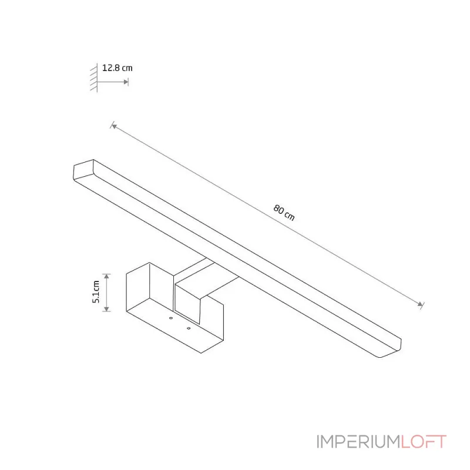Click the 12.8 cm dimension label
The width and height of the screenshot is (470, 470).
tap(117, 68)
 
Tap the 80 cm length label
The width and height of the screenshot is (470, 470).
tap(284, 213)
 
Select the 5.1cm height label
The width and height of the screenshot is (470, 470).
tap(96, 291)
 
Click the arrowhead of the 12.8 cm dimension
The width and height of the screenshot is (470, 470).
tap(126, 82)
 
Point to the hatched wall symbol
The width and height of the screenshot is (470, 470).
tap(94, 78)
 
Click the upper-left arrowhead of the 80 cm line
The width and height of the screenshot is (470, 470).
tap(114, 126)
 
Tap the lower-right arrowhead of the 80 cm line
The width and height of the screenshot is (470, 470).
tap(421, 304)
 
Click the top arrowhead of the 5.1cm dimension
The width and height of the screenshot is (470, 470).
tap(107, 276)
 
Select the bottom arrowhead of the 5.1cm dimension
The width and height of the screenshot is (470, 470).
tap(107, 309)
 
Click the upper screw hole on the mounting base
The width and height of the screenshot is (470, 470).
tap(171, 318)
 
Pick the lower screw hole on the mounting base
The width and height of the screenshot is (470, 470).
tap(189, 328)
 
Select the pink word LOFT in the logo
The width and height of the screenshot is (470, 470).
tap(424, 442)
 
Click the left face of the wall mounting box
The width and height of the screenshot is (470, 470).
tap(138, 287)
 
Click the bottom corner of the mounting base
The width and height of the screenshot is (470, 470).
tap(201, 353)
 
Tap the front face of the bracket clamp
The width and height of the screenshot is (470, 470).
tap(187, 303)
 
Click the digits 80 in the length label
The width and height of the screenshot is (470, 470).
tap(278, 209)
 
